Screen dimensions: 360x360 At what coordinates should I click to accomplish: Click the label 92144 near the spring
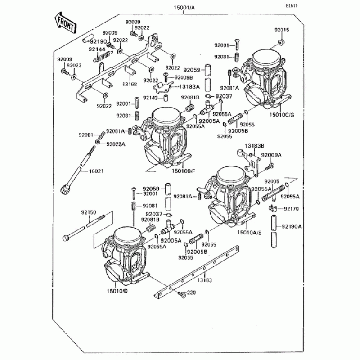(97, 49)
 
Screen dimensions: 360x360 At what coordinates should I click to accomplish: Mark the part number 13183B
(255, 146)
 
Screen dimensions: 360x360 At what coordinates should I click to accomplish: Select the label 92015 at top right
(282, 30)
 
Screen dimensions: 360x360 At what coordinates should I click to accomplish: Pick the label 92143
(150, 97)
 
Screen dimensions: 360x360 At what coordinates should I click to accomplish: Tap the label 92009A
(271, 155)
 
